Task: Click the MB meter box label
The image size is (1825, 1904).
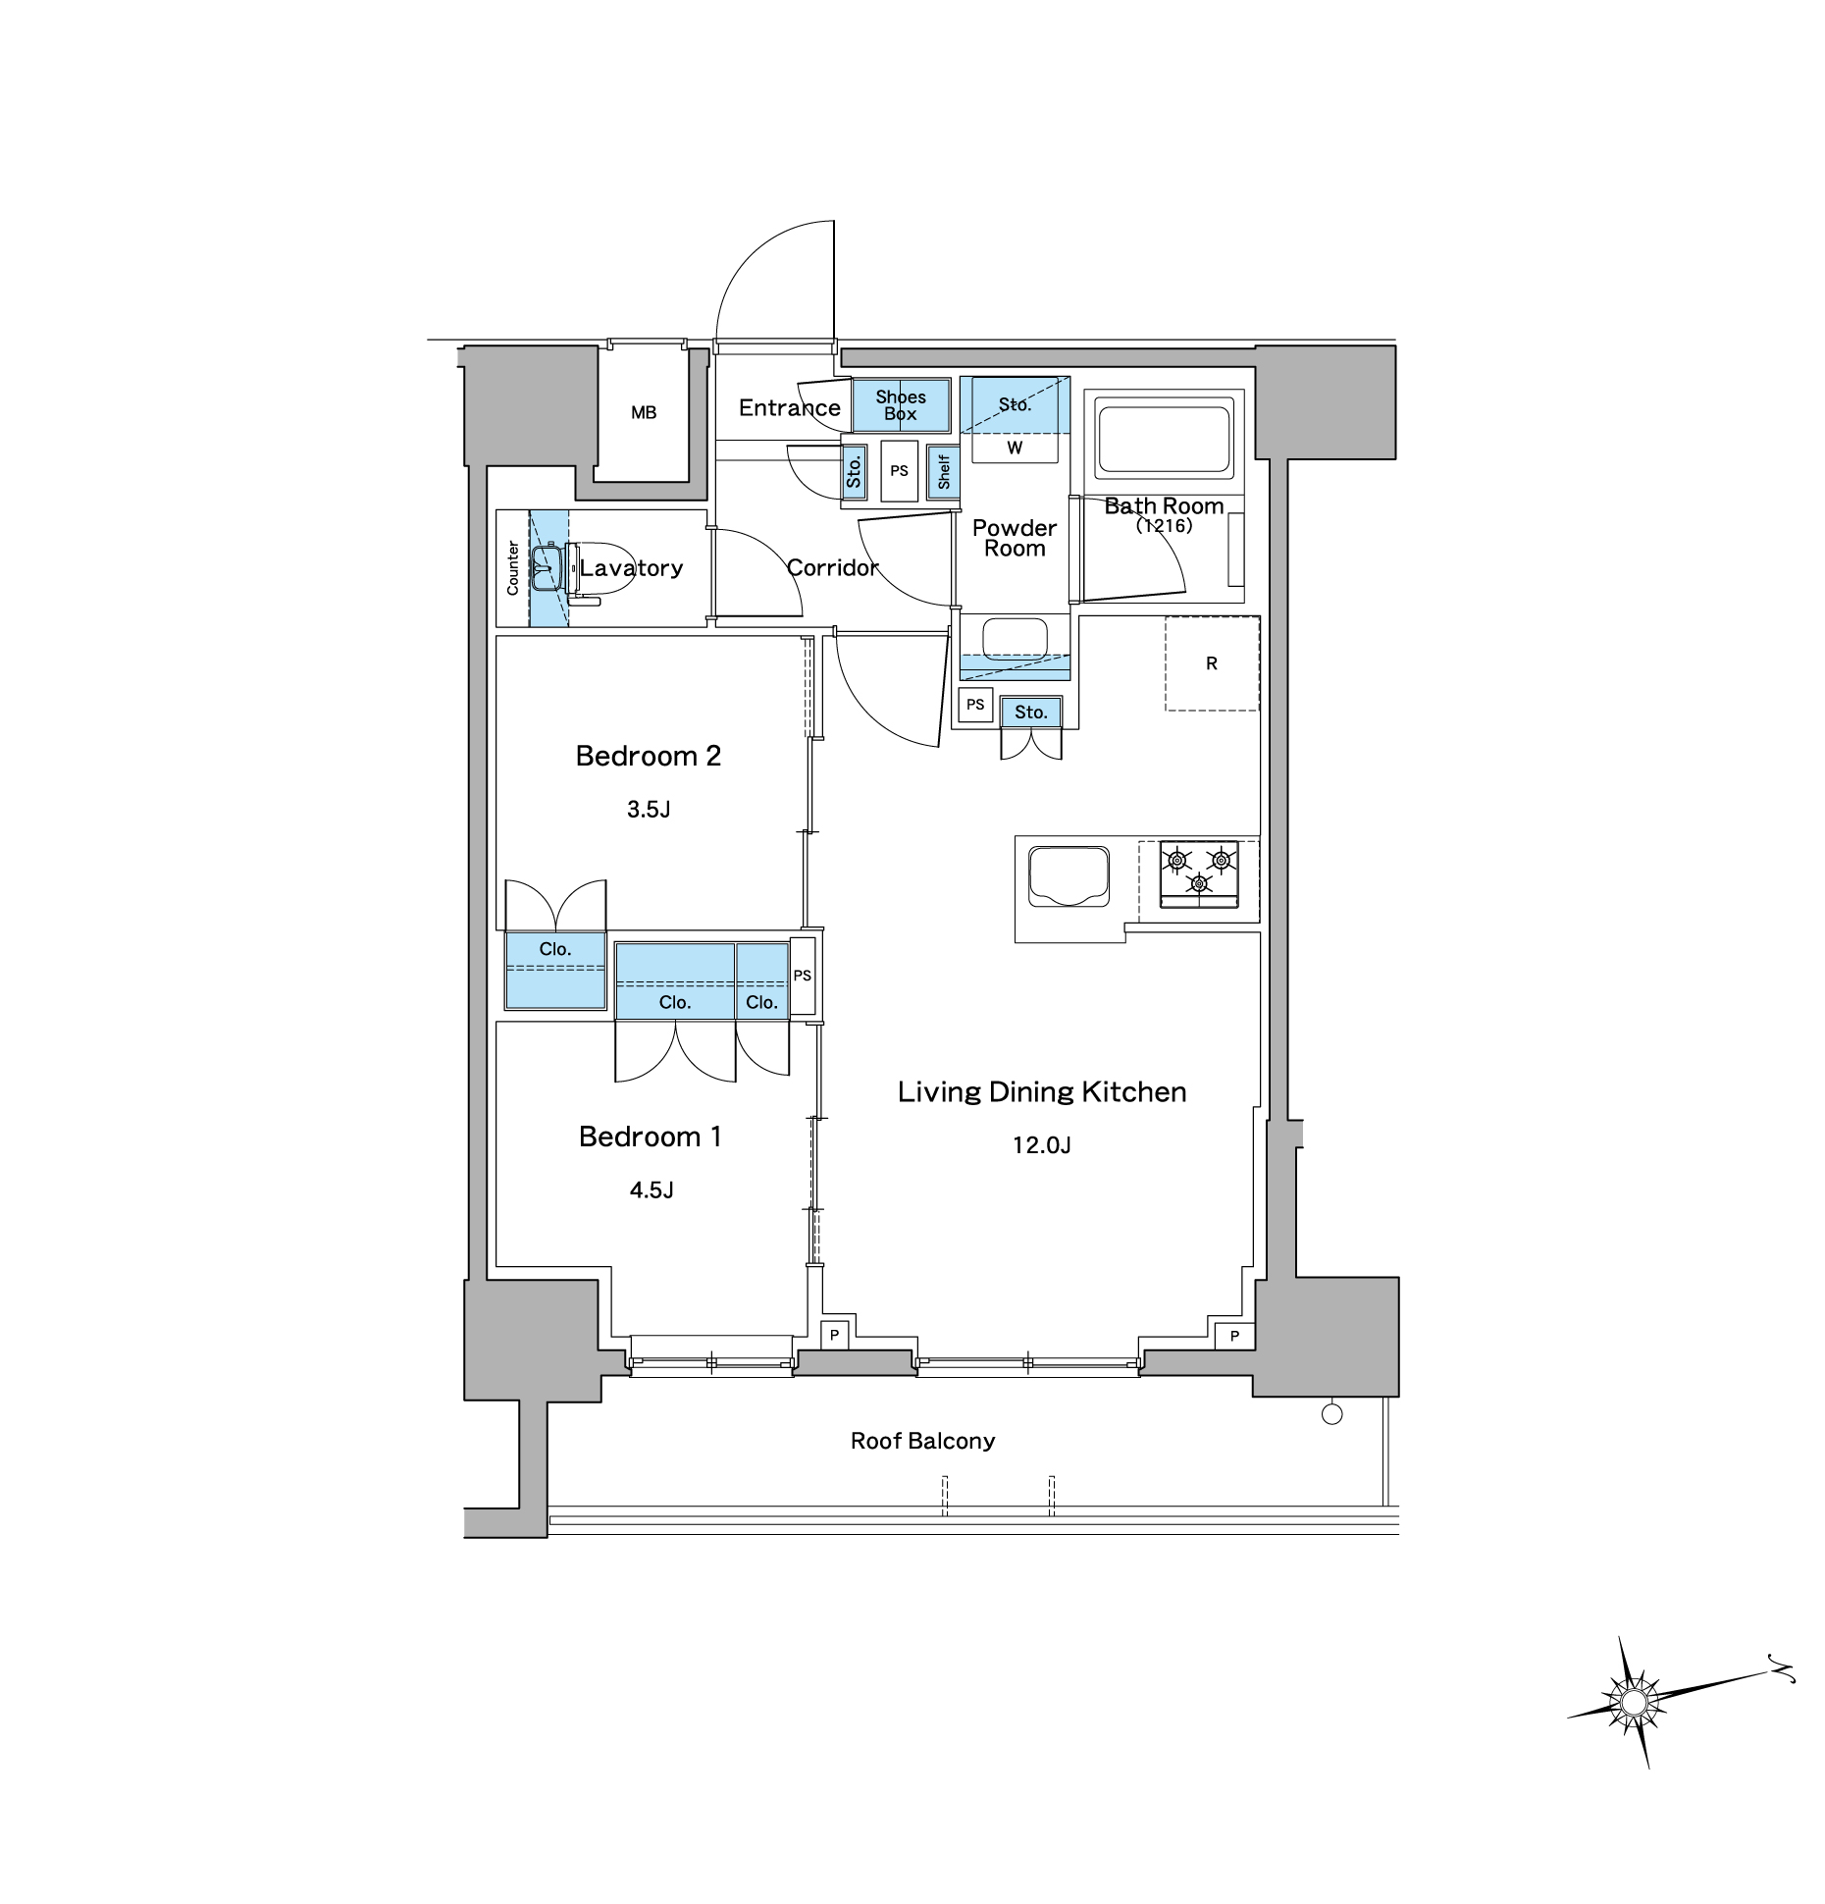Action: click(x=644, y=413)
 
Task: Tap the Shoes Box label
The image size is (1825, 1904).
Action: click(x=901, y=405)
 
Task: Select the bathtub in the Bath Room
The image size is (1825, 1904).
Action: click(x=1164, y=439)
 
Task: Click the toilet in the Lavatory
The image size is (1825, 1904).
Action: click(x=586, y=568)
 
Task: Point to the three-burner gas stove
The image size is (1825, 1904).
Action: click(x=1199, y=873)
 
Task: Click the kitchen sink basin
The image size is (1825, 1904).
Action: click(x=1069, y=876)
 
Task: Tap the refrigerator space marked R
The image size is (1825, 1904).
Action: click(x=1212, y=663)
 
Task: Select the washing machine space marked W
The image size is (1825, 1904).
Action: click(x=1015, y=448)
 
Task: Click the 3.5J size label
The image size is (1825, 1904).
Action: click(x=649, y=810)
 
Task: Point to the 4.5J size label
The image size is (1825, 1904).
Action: click(x=652, y=1190)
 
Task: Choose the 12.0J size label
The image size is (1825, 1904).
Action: click(x=1042, y=1145)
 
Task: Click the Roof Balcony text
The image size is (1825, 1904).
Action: click(x=922, y=1441)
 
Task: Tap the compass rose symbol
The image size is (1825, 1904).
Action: click(x=1633, y=1702)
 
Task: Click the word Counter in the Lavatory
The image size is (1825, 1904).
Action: click(x=512, y=568)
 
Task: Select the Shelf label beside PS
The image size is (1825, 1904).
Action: click(x=944, y=471)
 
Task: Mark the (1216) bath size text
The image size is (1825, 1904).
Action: click(x=1164, y=526)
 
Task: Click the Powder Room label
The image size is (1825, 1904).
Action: click(x=1015, y=538)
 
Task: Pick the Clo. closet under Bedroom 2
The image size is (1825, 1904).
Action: click(x=555, y=970)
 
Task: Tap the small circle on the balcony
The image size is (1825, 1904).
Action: click(x=1331, y=1414)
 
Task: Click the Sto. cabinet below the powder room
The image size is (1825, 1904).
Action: click(x=1031, y=713)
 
